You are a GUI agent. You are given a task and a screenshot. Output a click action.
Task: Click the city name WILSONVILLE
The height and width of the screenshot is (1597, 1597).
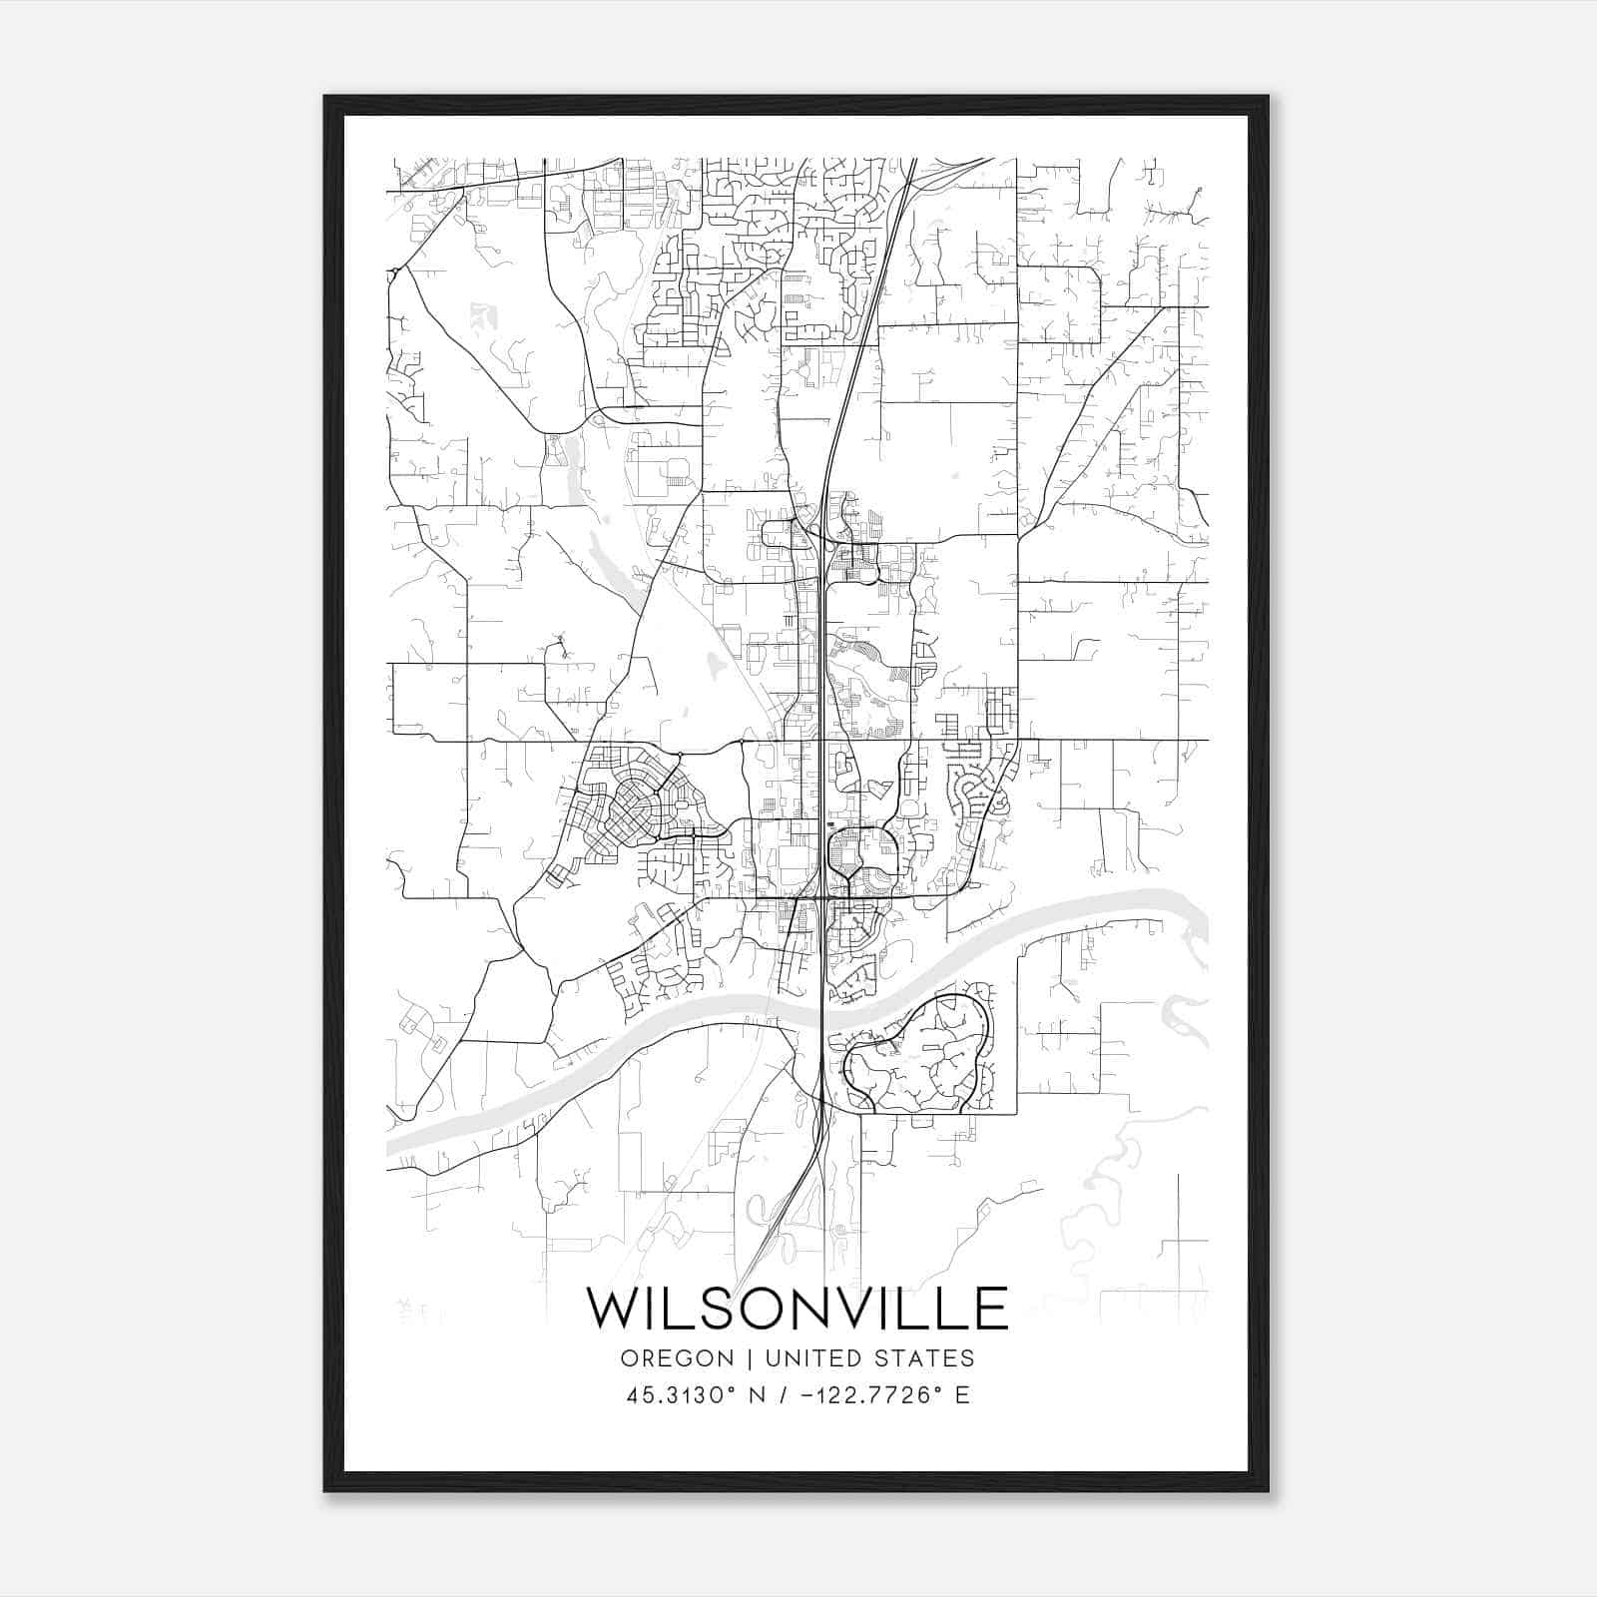tap(797, 1309)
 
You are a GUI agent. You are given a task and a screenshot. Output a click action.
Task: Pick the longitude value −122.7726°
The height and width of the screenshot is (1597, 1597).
tap(869, 1395)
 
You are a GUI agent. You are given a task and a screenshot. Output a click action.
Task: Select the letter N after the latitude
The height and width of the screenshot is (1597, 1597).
tap(758, 1395)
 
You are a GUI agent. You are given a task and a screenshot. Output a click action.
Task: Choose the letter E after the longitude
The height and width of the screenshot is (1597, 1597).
tap(962, 1395)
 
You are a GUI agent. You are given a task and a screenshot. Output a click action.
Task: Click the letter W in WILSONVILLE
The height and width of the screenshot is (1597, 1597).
tap(611, 1309)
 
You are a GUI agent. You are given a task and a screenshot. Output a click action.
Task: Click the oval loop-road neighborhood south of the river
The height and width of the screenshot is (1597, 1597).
tap(918, 1056)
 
